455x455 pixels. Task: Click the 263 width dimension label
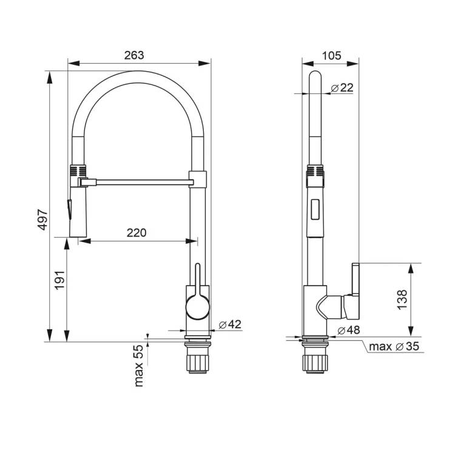point(134,55)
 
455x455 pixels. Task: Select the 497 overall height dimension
point(43,220)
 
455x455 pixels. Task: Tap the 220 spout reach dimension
point(136,233)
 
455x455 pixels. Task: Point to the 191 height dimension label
point(59,280)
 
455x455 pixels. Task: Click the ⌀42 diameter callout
point(230,325)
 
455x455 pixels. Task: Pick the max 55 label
point(139,365)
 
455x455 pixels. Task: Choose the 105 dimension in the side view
point(332,55)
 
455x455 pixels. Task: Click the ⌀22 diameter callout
point(342,87)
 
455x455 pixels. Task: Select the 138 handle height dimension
point(402,300)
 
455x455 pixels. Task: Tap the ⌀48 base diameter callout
point(348,330)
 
